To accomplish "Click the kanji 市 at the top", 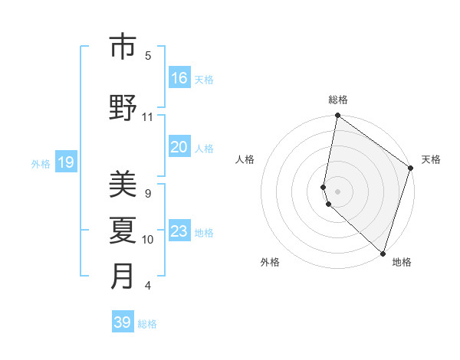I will (123, 48).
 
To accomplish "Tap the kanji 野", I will (123, 108).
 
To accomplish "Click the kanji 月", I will (123, 276).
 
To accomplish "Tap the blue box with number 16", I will (179, 78).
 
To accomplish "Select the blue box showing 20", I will (179, 147).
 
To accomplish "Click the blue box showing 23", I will (179, 231).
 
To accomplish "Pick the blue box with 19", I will (65, 162).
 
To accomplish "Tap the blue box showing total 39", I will (123, 322).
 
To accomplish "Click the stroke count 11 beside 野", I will (148, 117).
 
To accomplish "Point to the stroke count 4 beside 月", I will (148, 286).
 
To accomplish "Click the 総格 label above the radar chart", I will (338, 100).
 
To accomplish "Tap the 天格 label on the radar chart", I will (431, 159).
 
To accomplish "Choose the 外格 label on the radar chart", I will (270, 262).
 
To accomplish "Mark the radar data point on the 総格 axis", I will (337, 116).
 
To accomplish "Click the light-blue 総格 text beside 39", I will (147, 324).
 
